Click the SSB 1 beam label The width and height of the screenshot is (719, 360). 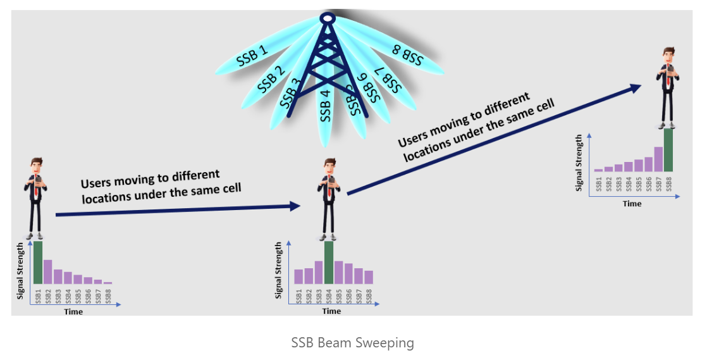(x=252, y=56)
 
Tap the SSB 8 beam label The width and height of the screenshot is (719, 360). (x=407, y=55)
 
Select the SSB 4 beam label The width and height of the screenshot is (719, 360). (x=326, y=105)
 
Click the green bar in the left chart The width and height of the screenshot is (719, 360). (x=38, y=263)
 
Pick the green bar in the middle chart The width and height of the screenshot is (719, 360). (x=329, y=263)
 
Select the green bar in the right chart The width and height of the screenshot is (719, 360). (x=668, y=150)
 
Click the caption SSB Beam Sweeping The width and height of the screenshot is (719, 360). (x=352, y=343)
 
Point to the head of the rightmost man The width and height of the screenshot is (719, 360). (x=668, y=55)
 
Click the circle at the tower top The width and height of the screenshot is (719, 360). (x=326, y=18)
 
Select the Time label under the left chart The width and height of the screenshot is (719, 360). (x=73, y=311)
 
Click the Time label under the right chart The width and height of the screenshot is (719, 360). (x=632, y=204)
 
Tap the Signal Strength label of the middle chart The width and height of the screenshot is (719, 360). (x=279, y=270)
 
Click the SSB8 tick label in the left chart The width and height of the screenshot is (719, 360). (x=108, y=296)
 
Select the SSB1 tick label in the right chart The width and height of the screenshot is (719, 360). (x=598, y=184)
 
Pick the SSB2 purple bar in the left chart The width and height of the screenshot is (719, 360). (x=48, y=271)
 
